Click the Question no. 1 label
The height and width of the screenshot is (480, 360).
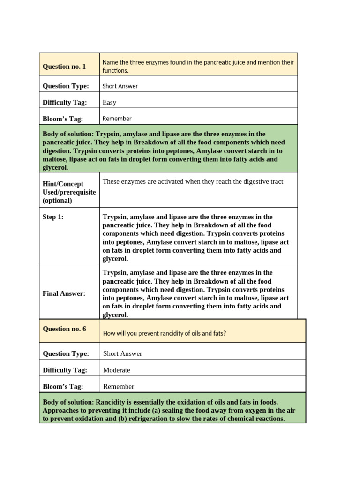pos(64,67)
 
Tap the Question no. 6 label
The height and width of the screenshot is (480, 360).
pos(64,329)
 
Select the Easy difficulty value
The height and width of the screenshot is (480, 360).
pos(109,102)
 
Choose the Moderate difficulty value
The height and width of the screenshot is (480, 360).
pos(116,370)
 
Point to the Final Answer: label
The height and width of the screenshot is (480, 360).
pos(64,293)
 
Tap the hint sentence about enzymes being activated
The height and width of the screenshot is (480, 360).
pos(193,181)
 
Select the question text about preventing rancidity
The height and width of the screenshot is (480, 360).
pos(164,333)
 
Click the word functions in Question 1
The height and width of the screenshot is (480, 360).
pos(115,71)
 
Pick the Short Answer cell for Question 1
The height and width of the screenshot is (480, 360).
pos(120,86)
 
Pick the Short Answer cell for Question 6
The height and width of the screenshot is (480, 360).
pos(122,353)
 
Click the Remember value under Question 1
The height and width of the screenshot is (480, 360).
pos(117,119)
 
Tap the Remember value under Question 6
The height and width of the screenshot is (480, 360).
pos(118,386)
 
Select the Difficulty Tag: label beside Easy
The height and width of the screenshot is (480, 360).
pos(65,102)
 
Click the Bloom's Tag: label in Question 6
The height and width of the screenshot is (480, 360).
pos(63,386)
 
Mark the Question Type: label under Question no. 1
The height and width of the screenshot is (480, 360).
pos(66,86)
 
